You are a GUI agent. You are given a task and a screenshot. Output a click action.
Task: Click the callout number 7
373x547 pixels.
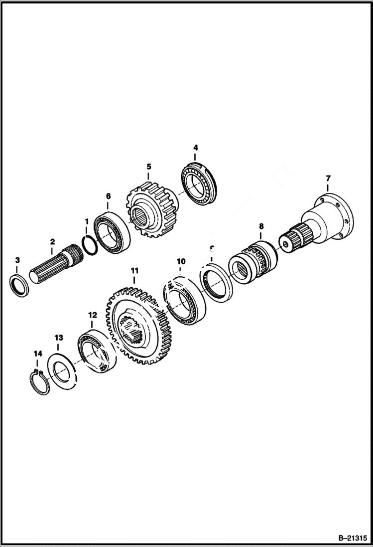coord(328,178)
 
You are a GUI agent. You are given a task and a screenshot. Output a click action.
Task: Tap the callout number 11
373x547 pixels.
coord(134,270)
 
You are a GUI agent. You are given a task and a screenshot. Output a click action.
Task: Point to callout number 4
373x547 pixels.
coord(196,148)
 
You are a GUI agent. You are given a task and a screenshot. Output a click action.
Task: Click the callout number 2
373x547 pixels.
coord(52,241)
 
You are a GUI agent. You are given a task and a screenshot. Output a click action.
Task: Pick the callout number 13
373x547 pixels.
coord(59,337)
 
